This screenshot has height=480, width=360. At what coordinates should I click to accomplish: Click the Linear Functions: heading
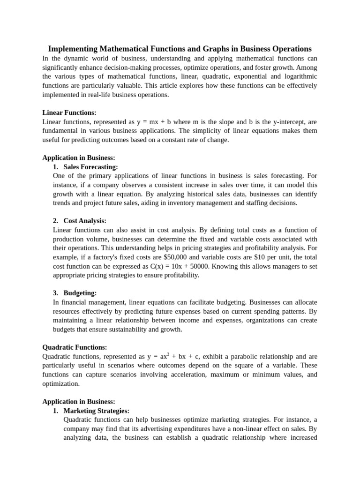pyautogui.click(x=69, y=112)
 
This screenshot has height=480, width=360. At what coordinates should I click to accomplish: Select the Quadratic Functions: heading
pyautogui.click(x=75, y=347)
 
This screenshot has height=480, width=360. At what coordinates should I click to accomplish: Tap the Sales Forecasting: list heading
pyautogui.click(x=90, y=167)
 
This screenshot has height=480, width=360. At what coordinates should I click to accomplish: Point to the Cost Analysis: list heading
pyautogui.click(x=85, y=221)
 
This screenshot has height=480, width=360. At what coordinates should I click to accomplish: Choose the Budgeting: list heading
pyautogui.click(x=80, y=293)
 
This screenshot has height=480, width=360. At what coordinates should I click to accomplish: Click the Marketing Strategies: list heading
pyautogui.click(x=96, y=411)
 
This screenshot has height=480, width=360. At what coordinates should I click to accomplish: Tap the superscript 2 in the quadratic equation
pyautogui.click(x=168, y=354)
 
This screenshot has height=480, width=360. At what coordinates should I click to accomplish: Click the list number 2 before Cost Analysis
pyautogui.click(x=55, y=221)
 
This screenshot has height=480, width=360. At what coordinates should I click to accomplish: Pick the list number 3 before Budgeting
pyautogui.click(x=55, y=293)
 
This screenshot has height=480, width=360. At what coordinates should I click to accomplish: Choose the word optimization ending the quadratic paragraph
pyautogui.click(x=61, y=383)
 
